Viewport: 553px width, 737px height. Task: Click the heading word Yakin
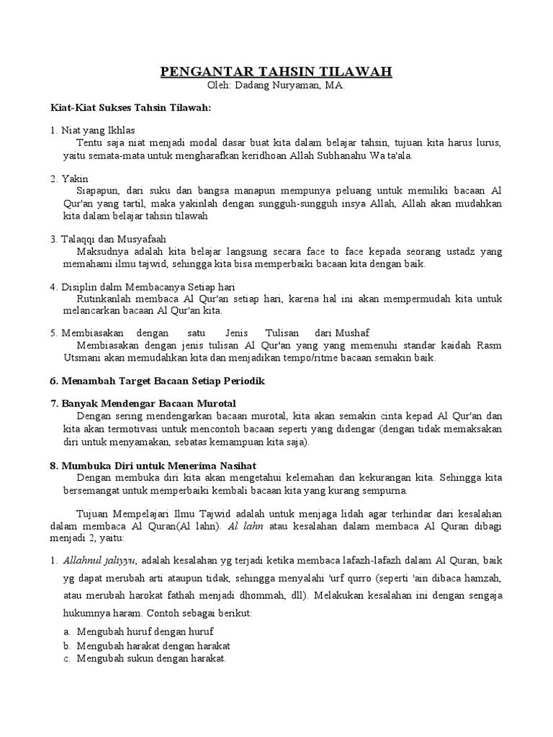tap(71, 178)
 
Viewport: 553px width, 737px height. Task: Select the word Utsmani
tap(80, 358)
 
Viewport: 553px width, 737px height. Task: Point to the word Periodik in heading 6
tap(243, 381)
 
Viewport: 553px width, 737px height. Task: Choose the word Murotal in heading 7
tap(215, 404)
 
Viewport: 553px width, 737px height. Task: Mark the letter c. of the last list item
tap(66, 658)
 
